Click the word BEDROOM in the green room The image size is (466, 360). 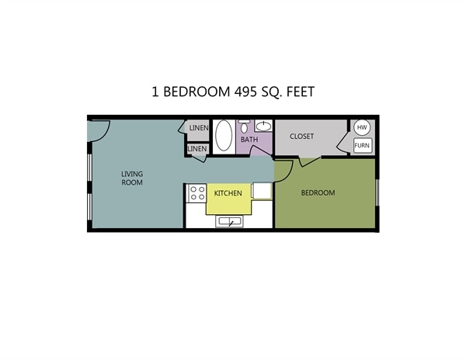point(318,193)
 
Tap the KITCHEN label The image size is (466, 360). point(228,193)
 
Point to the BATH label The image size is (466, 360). point(249,140)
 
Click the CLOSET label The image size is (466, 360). point(301,137)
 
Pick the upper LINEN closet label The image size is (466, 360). point(199,128)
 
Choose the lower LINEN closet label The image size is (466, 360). point(197,148)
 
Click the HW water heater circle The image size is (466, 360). point(362,128)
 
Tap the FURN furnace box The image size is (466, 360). point(362,145)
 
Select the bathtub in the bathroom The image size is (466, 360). point(224,136)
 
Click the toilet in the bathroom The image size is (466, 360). point(244,127)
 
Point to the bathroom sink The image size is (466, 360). point(263,126)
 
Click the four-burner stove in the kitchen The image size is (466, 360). point(196,193)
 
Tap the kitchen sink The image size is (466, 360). point(230,222)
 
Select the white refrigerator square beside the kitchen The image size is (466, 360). point(263,192)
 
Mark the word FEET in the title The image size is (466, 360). point(296,92)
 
